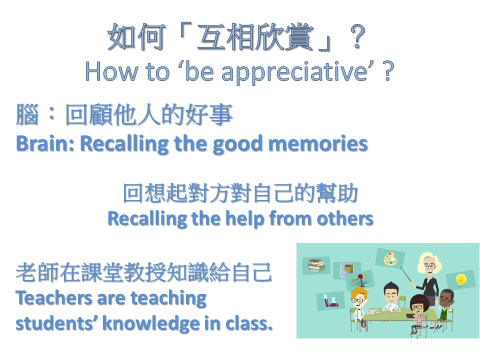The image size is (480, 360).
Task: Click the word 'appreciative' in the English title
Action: click(x=294, y=72)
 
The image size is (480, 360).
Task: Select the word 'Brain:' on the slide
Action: click(x=45, y=143)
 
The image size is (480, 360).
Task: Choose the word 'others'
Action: click(x=345, y=218)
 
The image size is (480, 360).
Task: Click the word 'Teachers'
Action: click(x=54, y=297)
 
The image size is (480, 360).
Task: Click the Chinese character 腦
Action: click(x=27, y=115)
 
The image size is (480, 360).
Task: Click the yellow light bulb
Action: click(x=461, y=280)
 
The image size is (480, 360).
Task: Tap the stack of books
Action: click(x=316, y=265)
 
